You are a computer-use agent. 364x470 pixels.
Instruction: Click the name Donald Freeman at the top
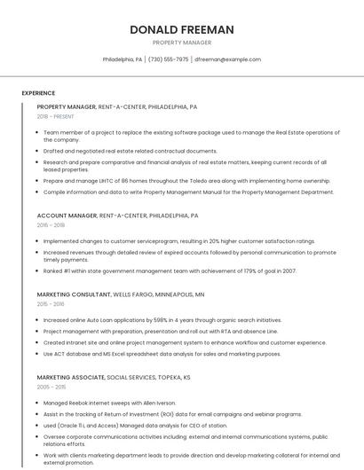(182, 29)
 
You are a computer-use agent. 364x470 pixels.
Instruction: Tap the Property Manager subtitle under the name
(182, 42)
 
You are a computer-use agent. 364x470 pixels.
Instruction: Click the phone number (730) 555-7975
(169, 59)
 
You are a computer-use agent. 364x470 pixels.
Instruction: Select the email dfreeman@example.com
(227, 59)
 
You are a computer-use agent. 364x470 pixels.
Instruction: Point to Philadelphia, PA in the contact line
(123, 59)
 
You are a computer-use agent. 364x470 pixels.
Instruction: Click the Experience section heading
(38, 93)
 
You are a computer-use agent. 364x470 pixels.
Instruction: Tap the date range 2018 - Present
(55, 116)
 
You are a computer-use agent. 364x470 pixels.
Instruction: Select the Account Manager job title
(67, 215)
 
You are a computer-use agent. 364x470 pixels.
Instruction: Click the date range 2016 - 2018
(51, 225)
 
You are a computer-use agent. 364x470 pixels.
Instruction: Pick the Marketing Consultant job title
(74, 294)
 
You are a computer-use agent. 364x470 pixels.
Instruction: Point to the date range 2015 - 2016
(51, 303)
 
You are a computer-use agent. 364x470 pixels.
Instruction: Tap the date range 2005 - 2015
(51, 387)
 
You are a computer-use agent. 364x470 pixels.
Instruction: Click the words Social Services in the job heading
(136, 377)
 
